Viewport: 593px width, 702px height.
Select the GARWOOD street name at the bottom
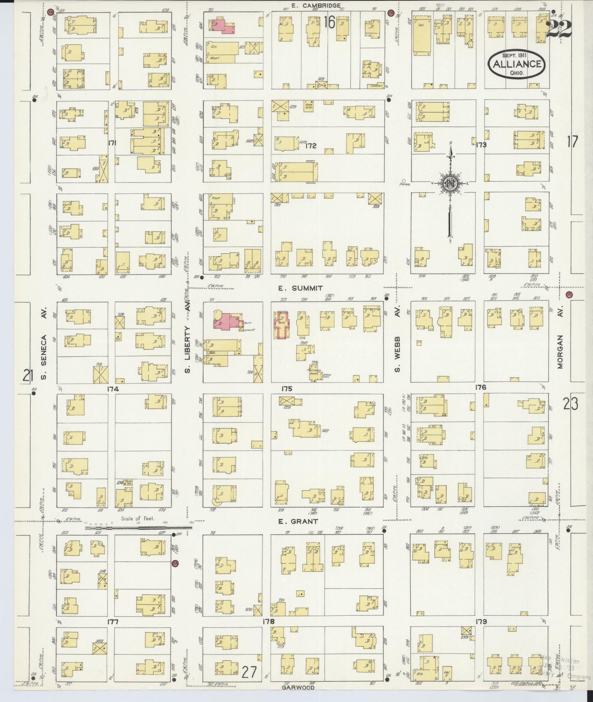[298, 687]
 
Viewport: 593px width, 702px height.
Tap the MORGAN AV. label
[561, 351]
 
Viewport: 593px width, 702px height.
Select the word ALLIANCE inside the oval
[516, 64]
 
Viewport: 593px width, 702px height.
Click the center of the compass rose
[450, 184]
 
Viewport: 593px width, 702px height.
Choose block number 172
[311, 146]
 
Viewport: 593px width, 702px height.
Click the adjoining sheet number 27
[249, 672]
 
